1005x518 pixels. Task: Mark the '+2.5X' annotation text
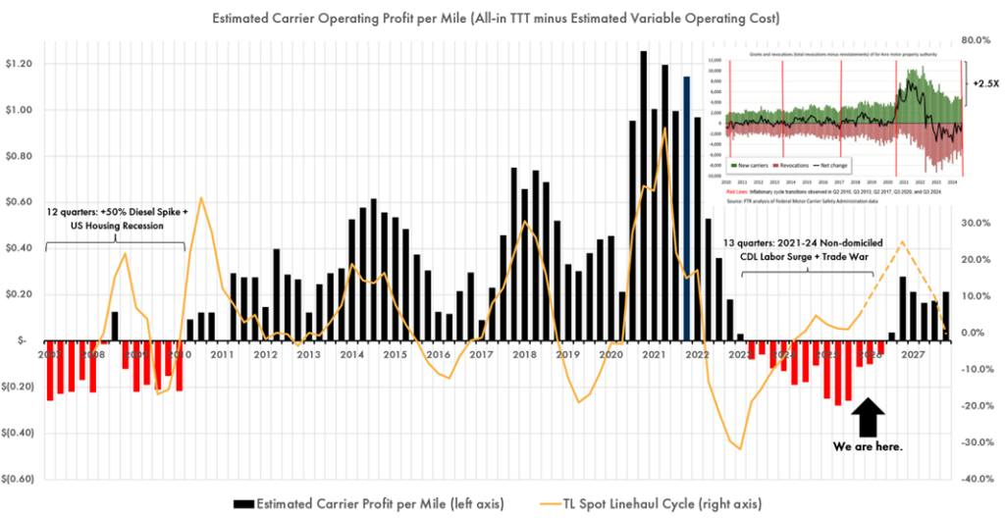(x=985, y=84)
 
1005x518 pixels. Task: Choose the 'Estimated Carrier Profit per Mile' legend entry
(x=369, y=503)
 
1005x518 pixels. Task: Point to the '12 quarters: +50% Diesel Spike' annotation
(x=106, y=218)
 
